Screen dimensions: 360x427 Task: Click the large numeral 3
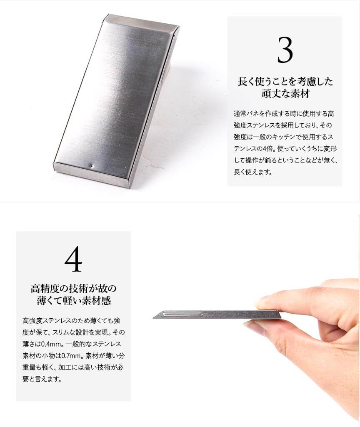click(285, 50)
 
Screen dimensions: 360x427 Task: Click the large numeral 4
click(73, 259)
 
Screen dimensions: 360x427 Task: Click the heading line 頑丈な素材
click(285, 93)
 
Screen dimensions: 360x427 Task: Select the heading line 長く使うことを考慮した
click(285, 81)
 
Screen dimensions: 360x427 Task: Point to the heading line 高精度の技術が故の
click(73, 288)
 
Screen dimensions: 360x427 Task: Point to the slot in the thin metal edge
click(183, 315)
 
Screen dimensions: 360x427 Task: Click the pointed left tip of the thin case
click(153, 317)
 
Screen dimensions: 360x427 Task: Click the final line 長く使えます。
click(253, 172)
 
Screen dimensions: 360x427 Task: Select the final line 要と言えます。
click(42, 379)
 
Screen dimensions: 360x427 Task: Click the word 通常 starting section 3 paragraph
click(240, 114)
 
